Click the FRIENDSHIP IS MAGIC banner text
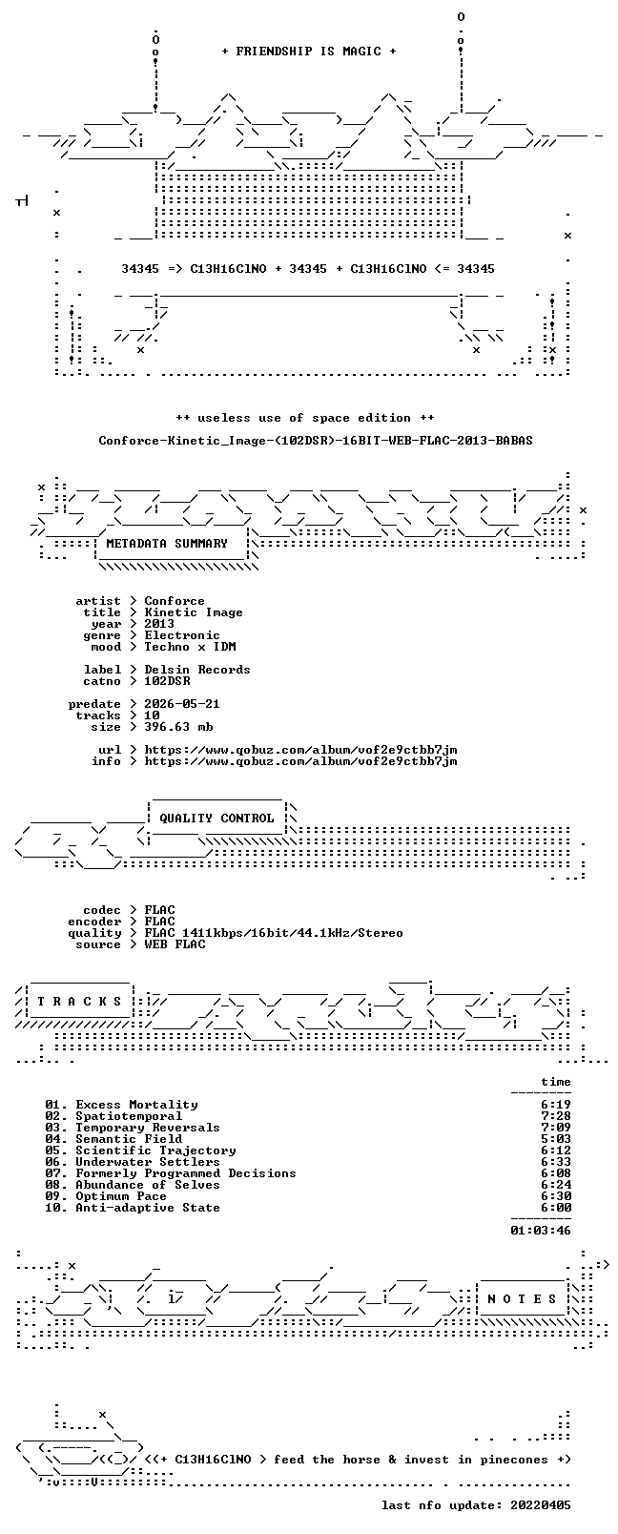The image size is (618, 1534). [x=309, y=52]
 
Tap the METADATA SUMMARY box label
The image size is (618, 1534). [x=166, y=544]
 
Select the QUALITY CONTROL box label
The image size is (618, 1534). [x=216, y=819]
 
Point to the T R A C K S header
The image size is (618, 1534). [x=79, y=1002]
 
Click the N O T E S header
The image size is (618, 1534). [x=523, y=1299]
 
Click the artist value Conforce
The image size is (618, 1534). [x=175, y=601]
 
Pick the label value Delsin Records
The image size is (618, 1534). [x=197, y=670]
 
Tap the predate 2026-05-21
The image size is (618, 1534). [x=182, y=704]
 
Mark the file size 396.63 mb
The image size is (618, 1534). [x=178, y=727]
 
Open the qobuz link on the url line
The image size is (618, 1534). [x=300, y=750]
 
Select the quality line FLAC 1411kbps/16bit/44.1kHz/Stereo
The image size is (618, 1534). [x=274, y=933]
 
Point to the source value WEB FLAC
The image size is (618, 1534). [x=175, y=944]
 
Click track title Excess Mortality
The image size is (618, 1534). [x=137, y=1105]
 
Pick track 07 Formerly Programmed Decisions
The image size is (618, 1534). [x=171, y=1173]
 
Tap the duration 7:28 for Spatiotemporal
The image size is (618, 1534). [x=556, y=1116]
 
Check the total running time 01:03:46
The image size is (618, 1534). [x=541, y=1231]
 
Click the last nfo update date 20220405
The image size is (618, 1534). [x=541, y=1505]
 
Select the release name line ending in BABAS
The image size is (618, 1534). [x=316, y=441]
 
